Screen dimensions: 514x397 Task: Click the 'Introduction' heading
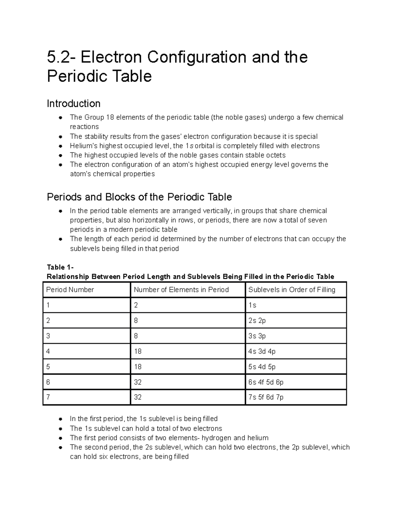point(73,104)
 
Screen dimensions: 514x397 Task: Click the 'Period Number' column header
point(70,290)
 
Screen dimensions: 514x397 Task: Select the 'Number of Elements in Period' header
point(181,290)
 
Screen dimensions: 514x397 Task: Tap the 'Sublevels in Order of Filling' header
point(291,290)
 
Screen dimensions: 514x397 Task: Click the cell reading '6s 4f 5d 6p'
point(266,382)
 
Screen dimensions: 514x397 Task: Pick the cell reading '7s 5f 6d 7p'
point(266,397)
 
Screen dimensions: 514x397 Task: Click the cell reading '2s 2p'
point(257,320)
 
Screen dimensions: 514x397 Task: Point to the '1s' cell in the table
point(252,305)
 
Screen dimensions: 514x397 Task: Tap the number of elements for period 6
point(138,382)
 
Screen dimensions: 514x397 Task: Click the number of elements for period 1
point(136,305)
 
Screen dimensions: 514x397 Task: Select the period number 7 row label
point(48,397)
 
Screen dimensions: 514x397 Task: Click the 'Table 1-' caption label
point(60,267)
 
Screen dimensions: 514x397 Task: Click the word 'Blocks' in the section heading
point(120,197)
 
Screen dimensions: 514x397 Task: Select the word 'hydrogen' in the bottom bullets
point(217,438)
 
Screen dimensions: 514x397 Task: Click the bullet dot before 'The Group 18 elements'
point(61,117)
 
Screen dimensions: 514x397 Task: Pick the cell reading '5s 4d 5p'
point(262,366)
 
